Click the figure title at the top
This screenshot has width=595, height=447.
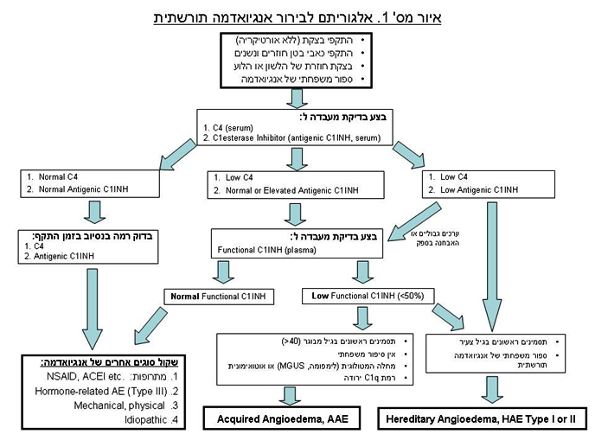pyautogui.click(x=297, y=16)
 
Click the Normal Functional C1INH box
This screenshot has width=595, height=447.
pyautogui.click(x=219, y=297)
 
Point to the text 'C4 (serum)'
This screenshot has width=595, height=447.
pyautogui.click(x=229, y=127)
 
